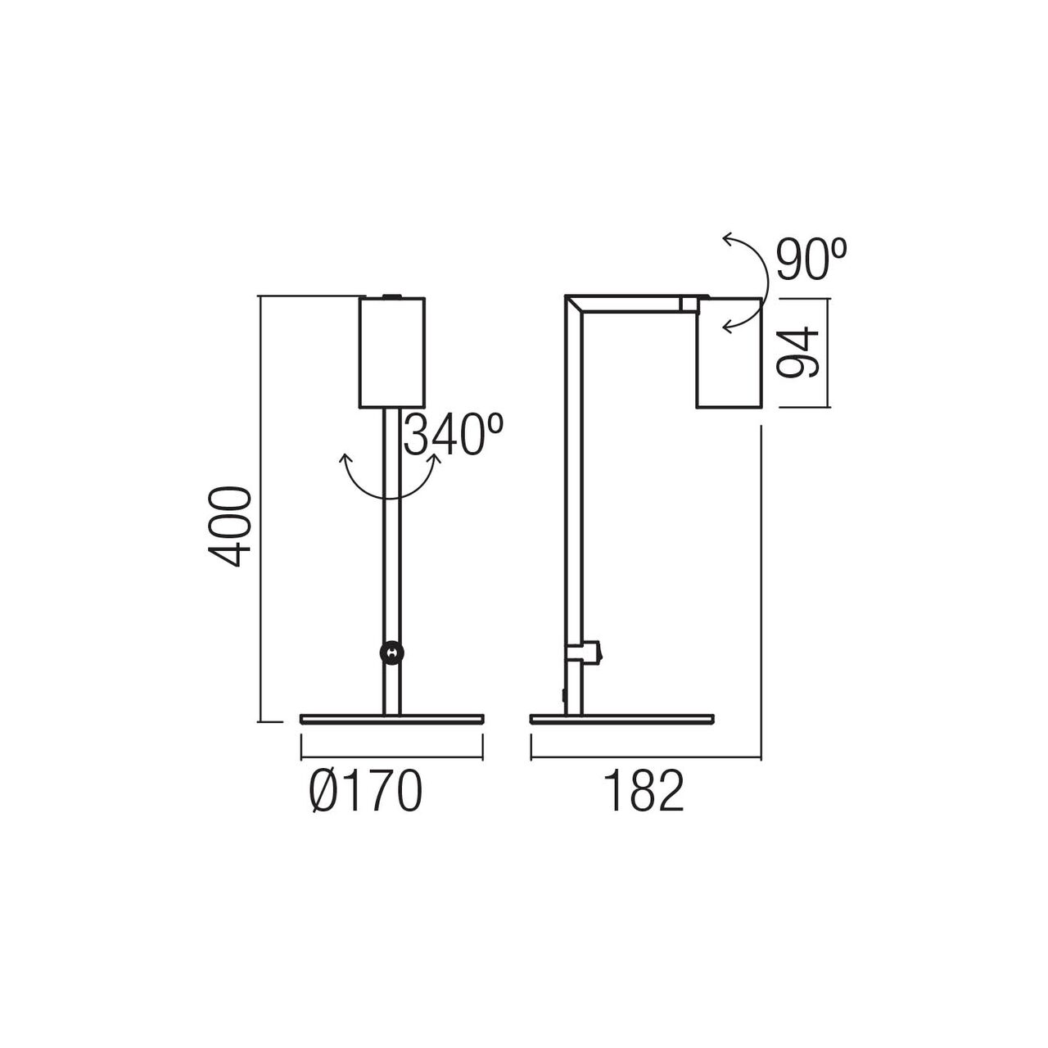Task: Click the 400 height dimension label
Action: [229, 527]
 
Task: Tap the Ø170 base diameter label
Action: [365, 791]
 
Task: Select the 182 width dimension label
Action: [644, 791]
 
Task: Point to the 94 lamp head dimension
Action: [797, 352]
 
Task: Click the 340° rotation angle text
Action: [454, 435]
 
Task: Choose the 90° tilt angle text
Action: [811, 259]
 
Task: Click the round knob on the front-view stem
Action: [391, 653]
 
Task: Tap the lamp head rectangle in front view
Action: [391, 352]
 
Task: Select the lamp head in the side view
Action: [729, 352]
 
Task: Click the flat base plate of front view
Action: [391, 719]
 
